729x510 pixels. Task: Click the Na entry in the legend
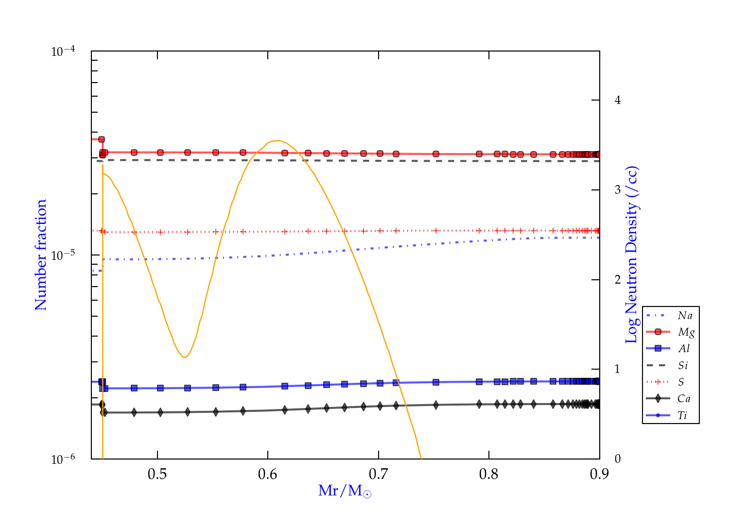coord(685,316)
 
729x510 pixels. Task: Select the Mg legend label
coord(686,332)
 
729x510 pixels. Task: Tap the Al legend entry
coord(684,349)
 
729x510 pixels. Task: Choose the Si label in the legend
coord(683,365)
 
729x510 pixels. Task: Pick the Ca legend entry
coord(684,399)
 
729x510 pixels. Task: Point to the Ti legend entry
coord(682,415)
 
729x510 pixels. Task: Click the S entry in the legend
coord(681,382)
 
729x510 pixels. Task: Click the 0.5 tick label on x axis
coord(157,474)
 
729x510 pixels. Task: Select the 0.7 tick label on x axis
coord(378,474)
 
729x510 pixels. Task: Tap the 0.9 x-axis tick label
coord(599,474)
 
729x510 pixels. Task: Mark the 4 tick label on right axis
coord(618,100)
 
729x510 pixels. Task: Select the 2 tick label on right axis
coord(618,280)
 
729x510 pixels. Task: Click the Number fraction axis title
coord(41,255)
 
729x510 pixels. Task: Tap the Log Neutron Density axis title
coord(631,255)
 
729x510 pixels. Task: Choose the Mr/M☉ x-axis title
coord(345,491)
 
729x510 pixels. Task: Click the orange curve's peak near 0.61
coord(277,141)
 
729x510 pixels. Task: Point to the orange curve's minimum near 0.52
coord(184,357)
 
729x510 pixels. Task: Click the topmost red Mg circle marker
coord(102,139)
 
